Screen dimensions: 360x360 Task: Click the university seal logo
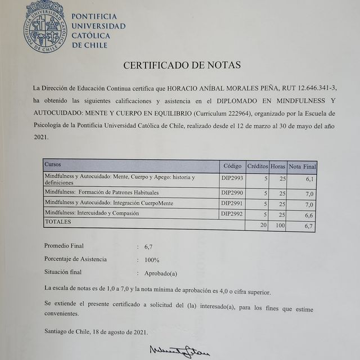[x=44, y=25]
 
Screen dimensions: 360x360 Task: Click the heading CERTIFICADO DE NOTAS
[x=182, y=65]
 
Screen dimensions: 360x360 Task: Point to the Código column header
[x=232, y=166]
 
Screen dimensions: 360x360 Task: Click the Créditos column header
[x=258, y=166]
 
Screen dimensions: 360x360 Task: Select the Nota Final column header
[x=303, y=167]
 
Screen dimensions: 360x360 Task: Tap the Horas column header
[x=278, y=166]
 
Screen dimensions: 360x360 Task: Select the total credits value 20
[x=262, y=225]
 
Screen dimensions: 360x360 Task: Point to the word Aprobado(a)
[x=162, y=273]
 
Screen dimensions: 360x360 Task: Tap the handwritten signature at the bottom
[x=179, y=350]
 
